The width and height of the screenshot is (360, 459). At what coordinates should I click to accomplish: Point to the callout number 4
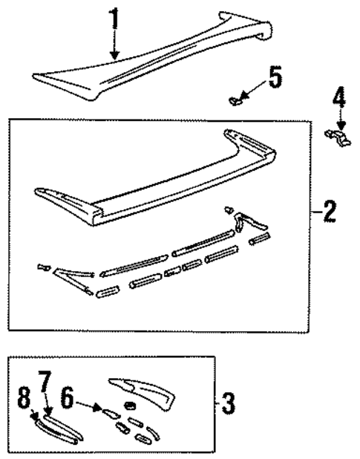[x=339, y=99]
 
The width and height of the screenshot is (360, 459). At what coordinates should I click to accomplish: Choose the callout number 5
[x=275, y=77]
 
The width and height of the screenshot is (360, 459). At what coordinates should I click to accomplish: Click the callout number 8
[x=24, y=399]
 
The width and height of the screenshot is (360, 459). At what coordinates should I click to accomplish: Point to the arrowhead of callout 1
[x=114, y=56]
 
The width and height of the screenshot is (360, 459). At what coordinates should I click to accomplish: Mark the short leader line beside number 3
[x=217, y=405]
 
